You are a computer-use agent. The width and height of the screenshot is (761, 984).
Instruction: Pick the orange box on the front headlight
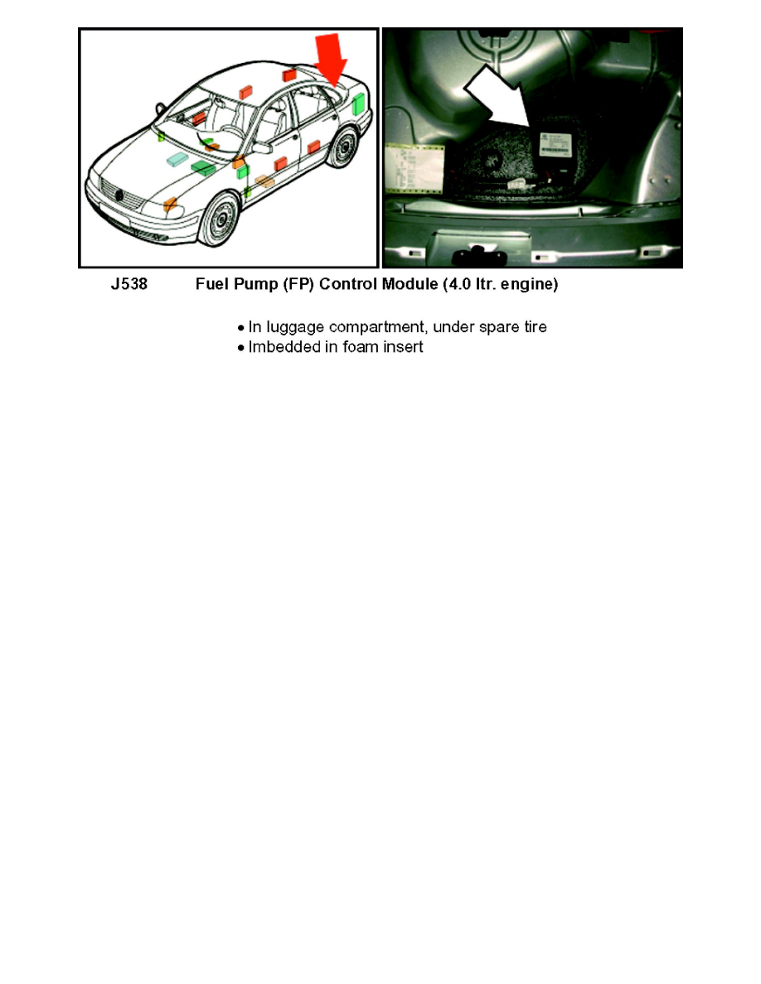tap(169, 204)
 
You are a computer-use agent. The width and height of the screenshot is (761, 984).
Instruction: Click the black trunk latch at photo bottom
tap(476, 248)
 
